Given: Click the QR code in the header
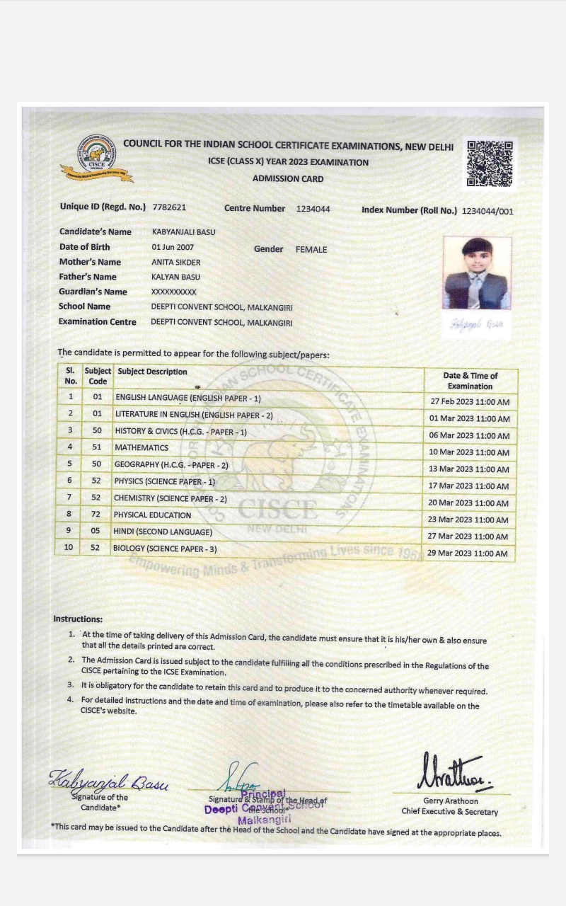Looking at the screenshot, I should (490, 164).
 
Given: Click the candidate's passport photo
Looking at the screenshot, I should (476, 273).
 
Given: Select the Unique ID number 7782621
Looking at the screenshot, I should (169, 207).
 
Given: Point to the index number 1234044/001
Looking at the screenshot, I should (487, 211).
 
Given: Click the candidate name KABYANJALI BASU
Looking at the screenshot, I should (184, 231).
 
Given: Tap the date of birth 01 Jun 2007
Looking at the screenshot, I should (173, 247).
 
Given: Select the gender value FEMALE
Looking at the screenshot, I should (311, 249).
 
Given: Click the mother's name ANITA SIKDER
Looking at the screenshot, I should (176, 262).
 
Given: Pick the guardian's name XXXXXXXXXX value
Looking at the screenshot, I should (174, 292).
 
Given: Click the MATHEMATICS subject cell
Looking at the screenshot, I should (141, 447).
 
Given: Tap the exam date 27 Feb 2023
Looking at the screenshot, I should (470, 402).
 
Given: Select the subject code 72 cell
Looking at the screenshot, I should (96, 515).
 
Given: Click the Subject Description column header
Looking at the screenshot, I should (153, 372).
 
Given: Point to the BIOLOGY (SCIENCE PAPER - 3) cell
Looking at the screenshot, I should (166, 549).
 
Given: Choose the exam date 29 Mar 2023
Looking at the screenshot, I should (469, 554).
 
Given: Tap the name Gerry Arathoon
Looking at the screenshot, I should (450, 801).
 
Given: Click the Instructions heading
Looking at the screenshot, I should (78, 619).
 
